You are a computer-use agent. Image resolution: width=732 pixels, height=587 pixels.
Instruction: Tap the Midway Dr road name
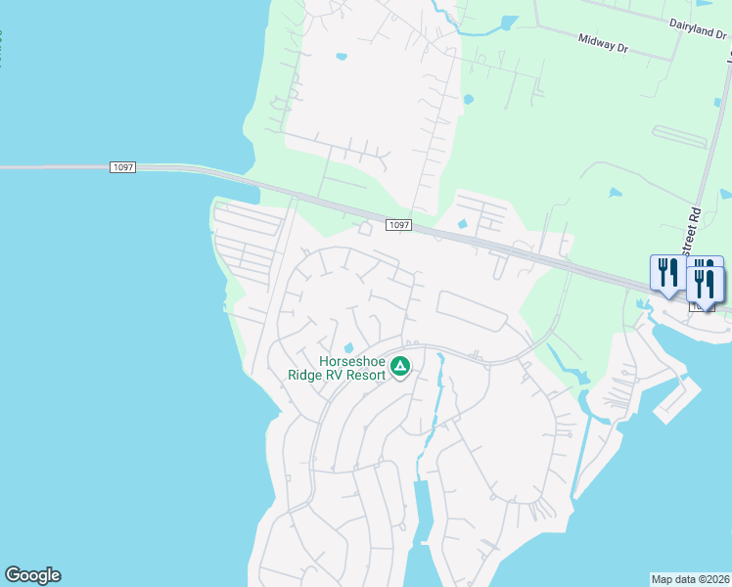coord(602,42)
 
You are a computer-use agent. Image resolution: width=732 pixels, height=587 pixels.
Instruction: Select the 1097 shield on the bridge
coord(122,168)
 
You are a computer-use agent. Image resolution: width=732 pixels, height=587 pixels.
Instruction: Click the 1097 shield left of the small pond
coord(397,225)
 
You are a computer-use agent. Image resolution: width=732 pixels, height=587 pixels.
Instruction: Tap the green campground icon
coord(399,367)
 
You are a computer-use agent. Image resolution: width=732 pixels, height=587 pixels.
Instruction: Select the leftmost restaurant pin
coord(665,273)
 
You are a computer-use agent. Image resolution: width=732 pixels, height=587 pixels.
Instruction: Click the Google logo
coord(32,575)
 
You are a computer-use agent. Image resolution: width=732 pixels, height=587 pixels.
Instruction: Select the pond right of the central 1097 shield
coord(462,224)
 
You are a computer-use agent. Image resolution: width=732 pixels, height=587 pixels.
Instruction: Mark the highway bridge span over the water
coord(59,168)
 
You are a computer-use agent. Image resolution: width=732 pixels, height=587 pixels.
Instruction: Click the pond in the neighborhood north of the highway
coord(342,56)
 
